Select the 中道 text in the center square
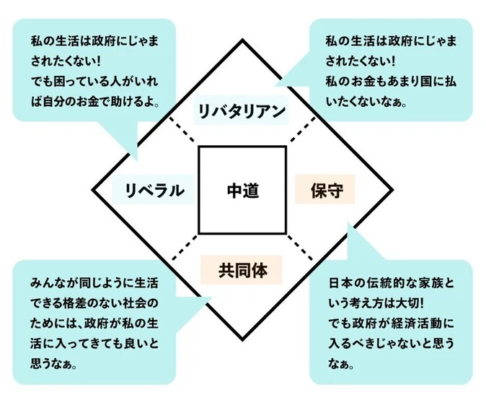pyautogui.click(x=242, y=191)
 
